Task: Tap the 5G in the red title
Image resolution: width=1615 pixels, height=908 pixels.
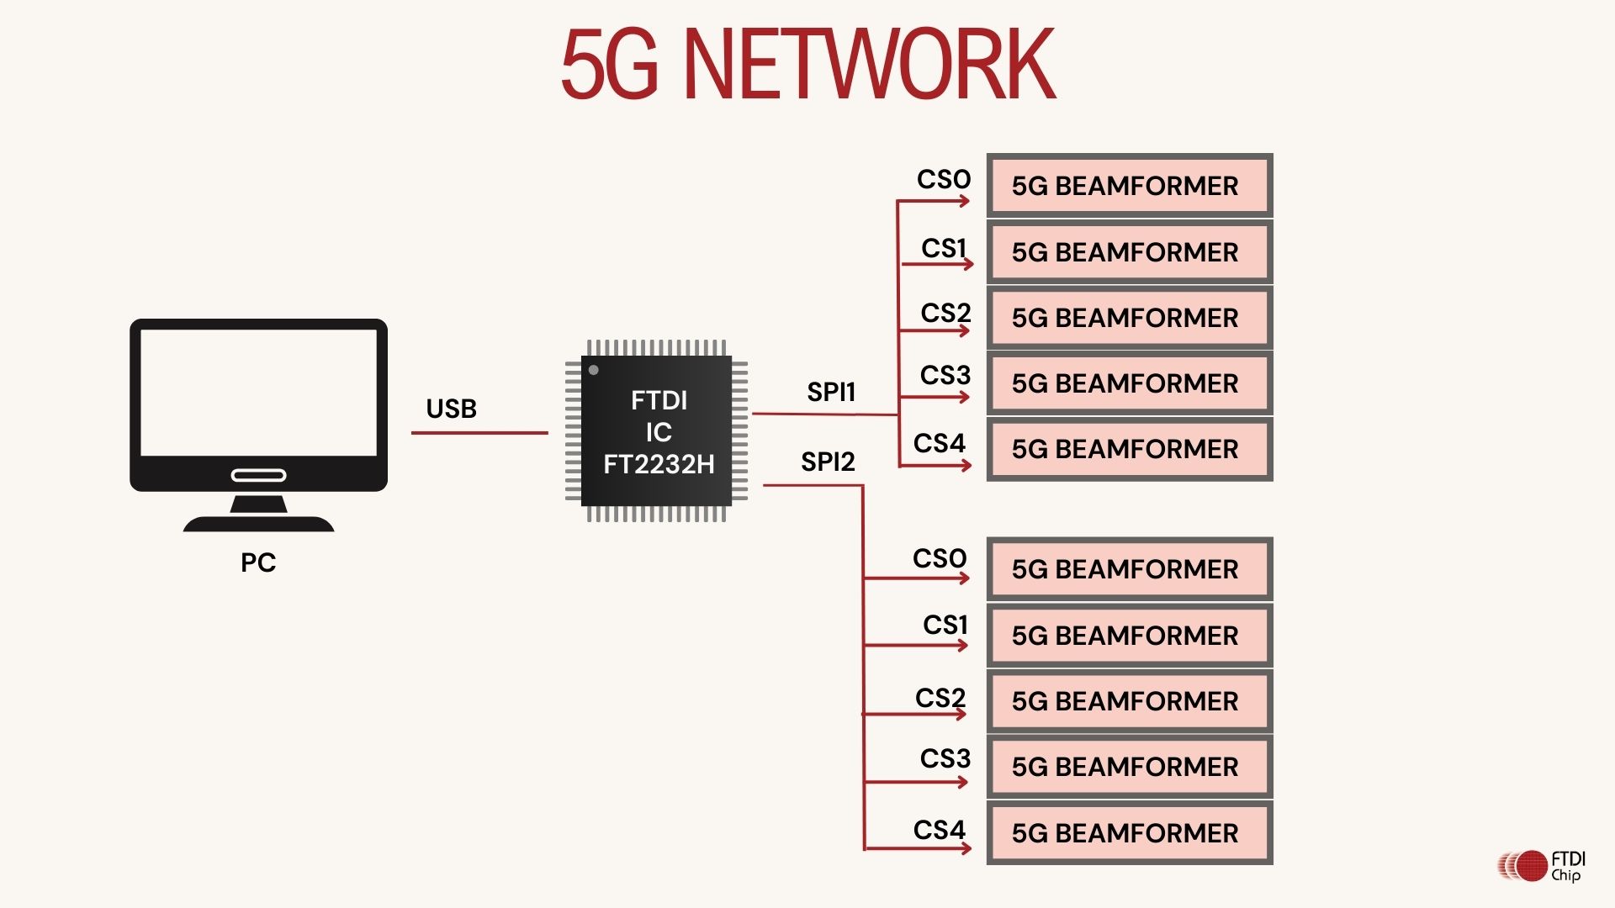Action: [x=609, y=65]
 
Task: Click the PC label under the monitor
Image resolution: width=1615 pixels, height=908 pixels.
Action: [x=258, y=562]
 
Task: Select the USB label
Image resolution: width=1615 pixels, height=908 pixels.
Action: [x=451, y=409]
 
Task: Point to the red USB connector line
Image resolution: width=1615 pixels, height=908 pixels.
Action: [x=479, y=433]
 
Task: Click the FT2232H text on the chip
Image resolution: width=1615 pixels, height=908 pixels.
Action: [x=659, y=464]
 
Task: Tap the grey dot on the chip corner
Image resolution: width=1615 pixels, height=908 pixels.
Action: [x=594, y=370]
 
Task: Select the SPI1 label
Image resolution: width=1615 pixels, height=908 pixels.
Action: [x=831, y=392]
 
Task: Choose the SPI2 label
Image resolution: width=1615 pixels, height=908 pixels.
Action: [x=828, y=462]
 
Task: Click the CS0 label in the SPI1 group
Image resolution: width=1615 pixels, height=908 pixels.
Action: [x=944, y=179]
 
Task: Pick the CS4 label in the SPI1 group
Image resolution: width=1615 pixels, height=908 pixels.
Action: [x=940, y=443]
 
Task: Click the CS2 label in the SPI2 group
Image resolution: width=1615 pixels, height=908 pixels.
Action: [x=940, y=698]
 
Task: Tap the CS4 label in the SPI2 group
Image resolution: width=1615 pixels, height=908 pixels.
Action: [x=940, y=830]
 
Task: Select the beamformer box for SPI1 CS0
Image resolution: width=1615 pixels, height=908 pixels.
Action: [x=1129, y=186]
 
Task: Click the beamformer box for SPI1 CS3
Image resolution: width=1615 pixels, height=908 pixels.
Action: [x=1129, y=383]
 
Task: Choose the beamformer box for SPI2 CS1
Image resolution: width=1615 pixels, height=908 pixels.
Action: [x=1129, y=636]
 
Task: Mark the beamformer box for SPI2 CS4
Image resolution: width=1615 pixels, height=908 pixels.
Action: [x=1129, y=833]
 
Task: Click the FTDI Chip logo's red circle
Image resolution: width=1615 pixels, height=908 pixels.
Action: [x=1532, y=866]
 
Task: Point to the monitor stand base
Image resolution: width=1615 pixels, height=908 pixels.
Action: [x=258, y=523]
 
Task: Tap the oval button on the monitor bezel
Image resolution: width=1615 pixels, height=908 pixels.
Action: [x=258, y=476]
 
